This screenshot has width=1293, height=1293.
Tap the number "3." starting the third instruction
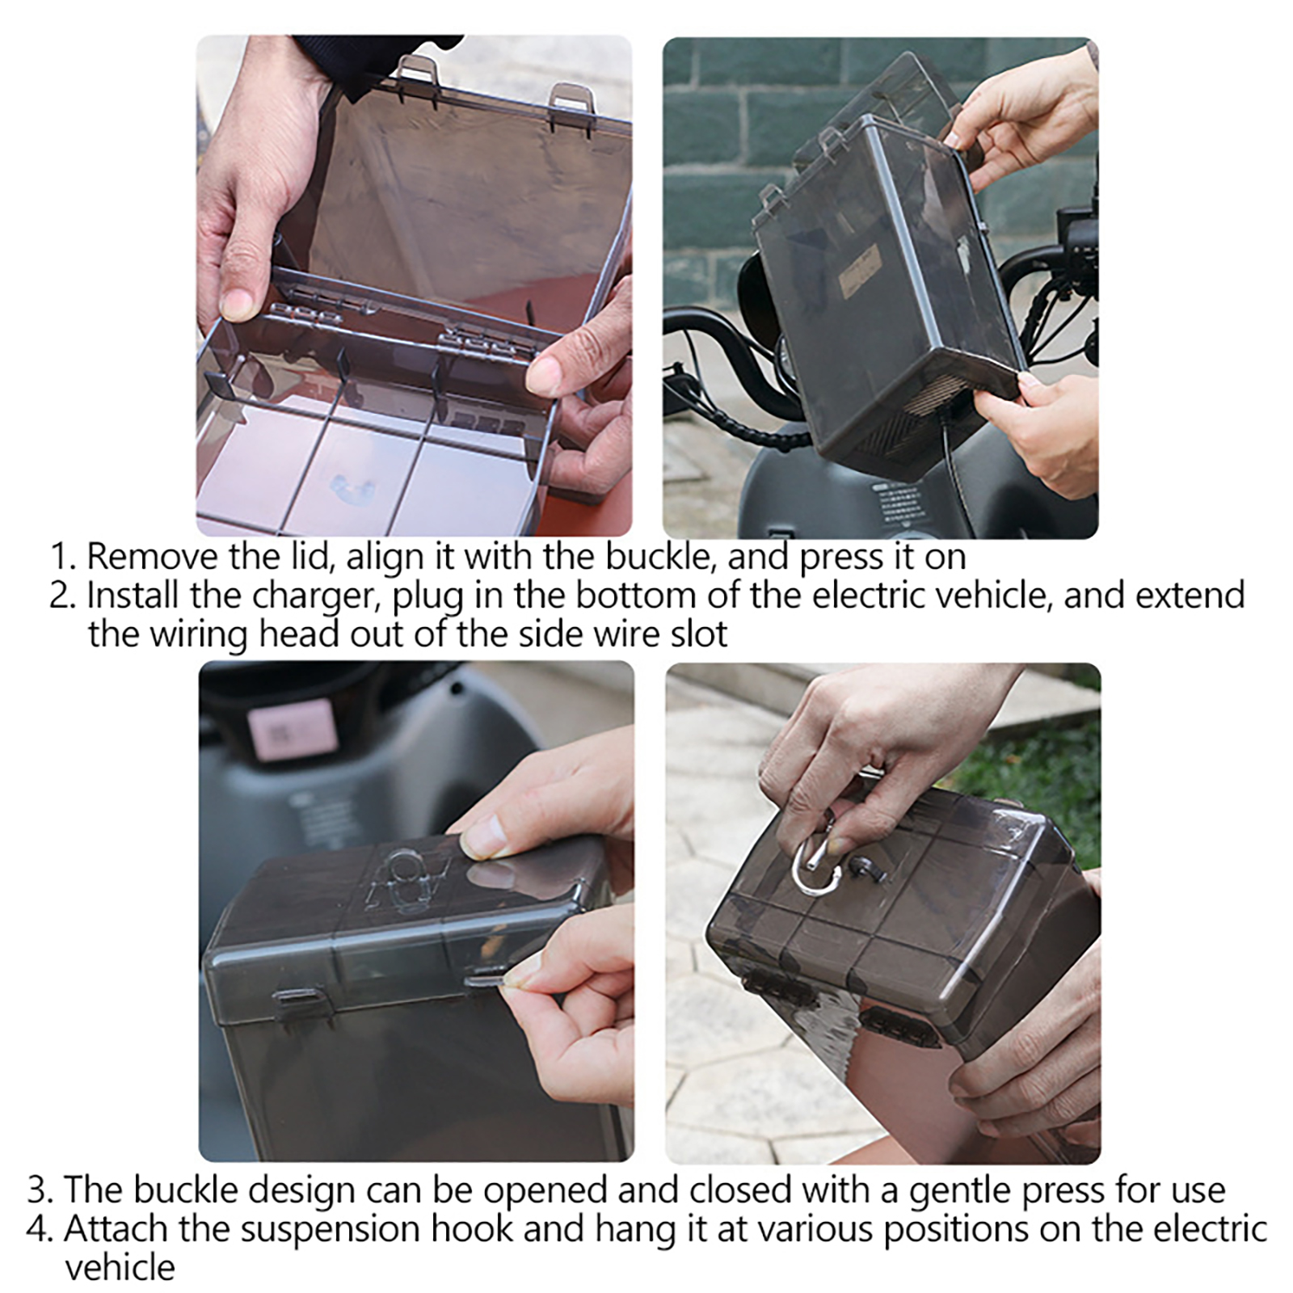42,1191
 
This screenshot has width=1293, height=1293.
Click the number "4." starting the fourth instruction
42,1230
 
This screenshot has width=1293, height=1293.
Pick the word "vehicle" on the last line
120,1268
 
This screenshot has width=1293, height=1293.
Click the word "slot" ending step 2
700,634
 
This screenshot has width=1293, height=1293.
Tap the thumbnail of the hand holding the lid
415,286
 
